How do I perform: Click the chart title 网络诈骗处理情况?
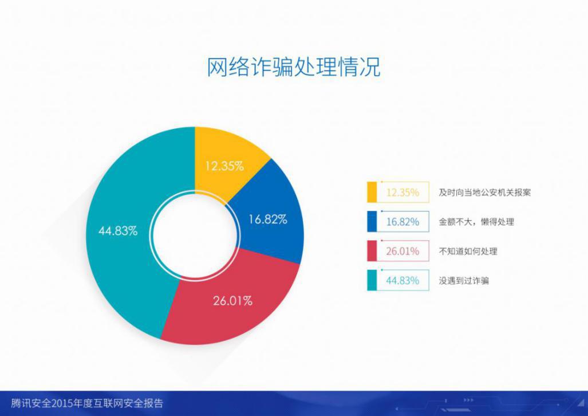point(294,67)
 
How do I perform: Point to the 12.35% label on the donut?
point(224,166)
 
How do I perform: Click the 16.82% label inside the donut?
point(268,219)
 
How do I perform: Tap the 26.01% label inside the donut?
point(232,301)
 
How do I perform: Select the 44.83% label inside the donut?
point(118,231)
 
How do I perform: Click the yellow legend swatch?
point(372,192)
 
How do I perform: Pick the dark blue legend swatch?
point(372,222)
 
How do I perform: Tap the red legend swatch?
point(372,251)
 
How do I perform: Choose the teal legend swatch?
point(372,280)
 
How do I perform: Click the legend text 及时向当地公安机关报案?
point(485,193)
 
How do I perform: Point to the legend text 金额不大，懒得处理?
point(476,222)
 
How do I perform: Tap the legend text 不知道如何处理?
point(468,251)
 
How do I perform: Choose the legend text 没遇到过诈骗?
point(464,280)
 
